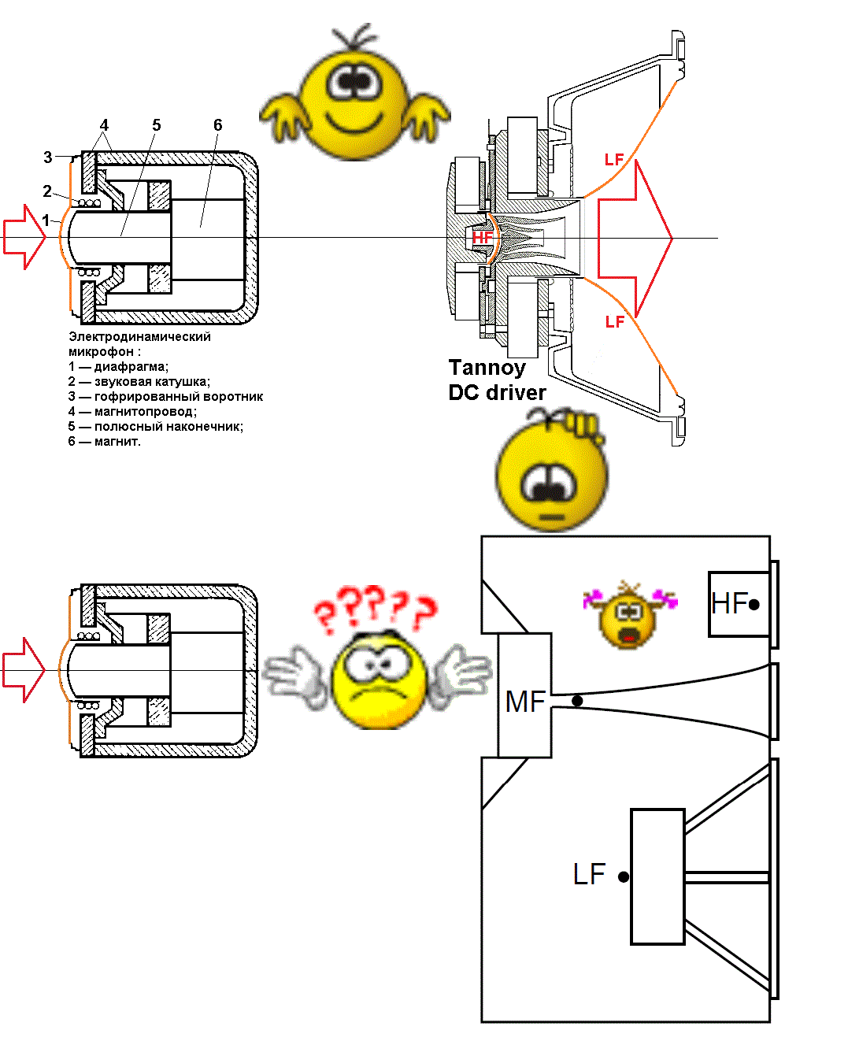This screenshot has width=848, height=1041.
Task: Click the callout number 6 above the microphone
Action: (218, 125)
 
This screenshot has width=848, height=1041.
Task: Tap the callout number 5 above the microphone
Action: (157, 125)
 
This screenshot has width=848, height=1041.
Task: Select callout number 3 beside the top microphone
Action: (48, 157)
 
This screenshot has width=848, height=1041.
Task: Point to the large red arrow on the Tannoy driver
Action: (635, 239)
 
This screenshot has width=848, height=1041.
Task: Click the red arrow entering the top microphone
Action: (24, 236)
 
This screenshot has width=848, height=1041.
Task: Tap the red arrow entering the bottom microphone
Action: (24, 669)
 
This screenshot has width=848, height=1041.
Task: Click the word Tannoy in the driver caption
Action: (487, 368)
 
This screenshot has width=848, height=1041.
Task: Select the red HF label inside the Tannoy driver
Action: (482, 237)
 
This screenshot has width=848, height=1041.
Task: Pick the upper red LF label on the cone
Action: (614, 160)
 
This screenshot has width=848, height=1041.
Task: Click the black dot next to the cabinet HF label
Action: (754, 605)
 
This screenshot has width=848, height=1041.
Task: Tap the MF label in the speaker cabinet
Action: (525, 702)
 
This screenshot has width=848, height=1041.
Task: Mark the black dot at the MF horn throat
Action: (577, 701)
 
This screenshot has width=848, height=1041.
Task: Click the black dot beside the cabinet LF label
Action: (624, 876)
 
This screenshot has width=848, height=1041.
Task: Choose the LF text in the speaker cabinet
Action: (589, 874)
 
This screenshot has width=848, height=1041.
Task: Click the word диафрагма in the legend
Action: (131, 367)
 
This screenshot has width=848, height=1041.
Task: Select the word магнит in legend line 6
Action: (117, 442)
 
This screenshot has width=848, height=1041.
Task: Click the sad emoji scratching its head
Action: (552, 472)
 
